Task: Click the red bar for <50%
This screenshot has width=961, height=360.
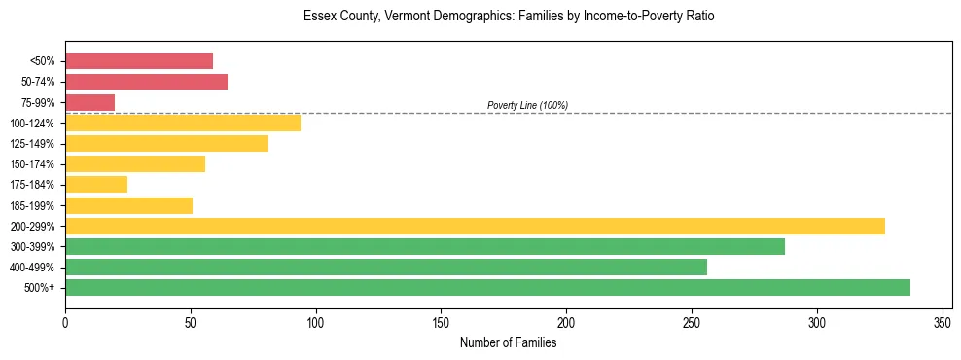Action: pyautogui.click(x=139, y=61)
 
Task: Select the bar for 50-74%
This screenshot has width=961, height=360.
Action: pyautogui.click(x=146, y=82)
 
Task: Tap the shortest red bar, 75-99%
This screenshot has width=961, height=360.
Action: pyautogui.click(x=89, y=102)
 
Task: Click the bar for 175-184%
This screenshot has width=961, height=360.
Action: pyautogui.click(x=96, y=184)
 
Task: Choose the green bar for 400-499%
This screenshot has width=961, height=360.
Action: pyautogui.click(x=386, y=267)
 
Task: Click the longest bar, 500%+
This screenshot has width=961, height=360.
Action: pyautogui.click(x=487, y=287)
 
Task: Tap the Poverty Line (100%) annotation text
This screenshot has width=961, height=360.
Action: pyautogui.click(x=527, y=105)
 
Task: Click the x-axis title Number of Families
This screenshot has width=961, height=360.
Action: pyautogui.click(x=509, y=342)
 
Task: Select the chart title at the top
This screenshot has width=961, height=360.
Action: pyautogui.click(x=509, y=17)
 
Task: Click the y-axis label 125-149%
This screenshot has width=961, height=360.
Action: pyautogui.click(x=32, y=144)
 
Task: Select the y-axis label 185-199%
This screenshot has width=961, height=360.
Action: pyautogui.click(x=32, y=205)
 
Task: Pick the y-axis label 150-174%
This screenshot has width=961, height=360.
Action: pyautogui.click(x=32, y=164)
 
